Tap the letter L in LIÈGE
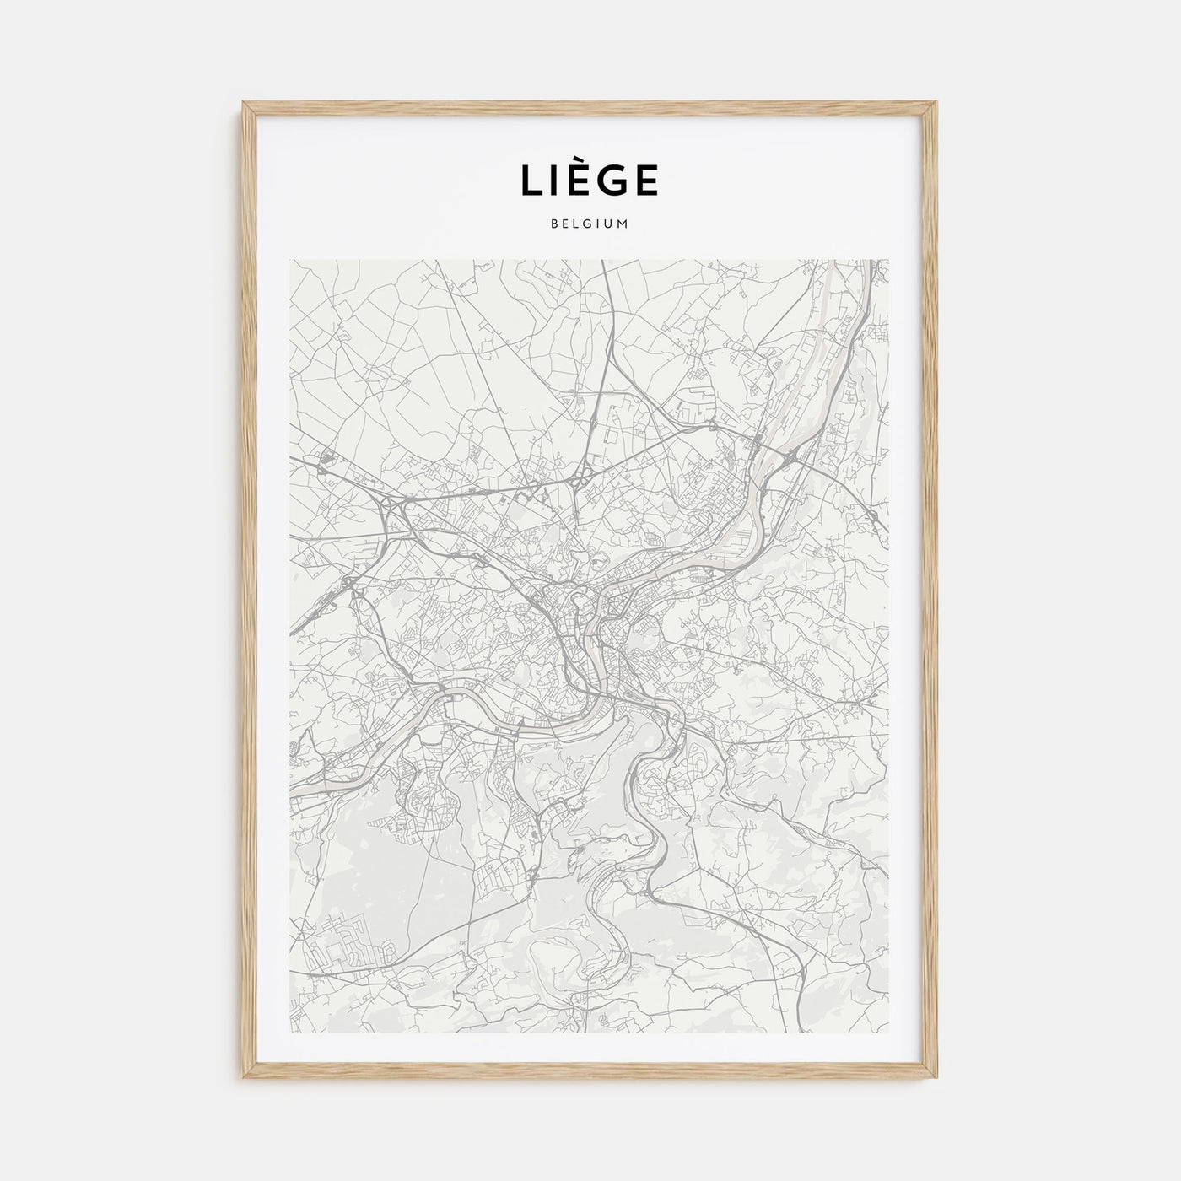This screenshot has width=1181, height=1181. pyautogui.click(x=531, y=181)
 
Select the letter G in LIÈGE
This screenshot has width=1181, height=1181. pyautogui.click(x=608, y=181)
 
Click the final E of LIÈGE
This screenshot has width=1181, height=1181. pyautogui.click(x=645, y=181)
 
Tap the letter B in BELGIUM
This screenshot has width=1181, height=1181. pyautogui.click(x=553, y=224)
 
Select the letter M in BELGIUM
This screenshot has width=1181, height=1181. pyautogui.click(x=624, y=224)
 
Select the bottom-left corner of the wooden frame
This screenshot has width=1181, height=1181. pyautogui.click(x=245, y=1077)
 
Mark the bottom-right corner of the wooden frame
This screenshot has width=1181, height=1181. pyautogui.click(x=936, y=1077)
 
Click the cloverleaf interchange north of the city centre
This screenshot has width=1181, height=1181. pyautogui.click(x=579, y=481)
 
